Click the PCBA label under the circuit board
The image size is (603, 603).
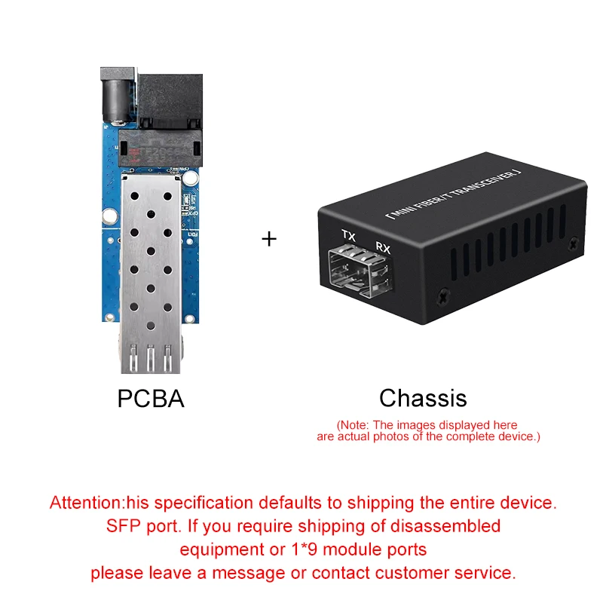click(151, 398)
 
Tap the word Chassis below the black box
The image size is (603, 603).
click(423, 398)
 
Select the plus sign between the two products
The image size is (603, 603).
click(269, 239)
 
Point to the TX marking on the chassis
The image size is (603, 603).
click(348, 236)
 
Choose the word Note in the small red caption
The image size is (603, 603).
click(357, 425)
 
